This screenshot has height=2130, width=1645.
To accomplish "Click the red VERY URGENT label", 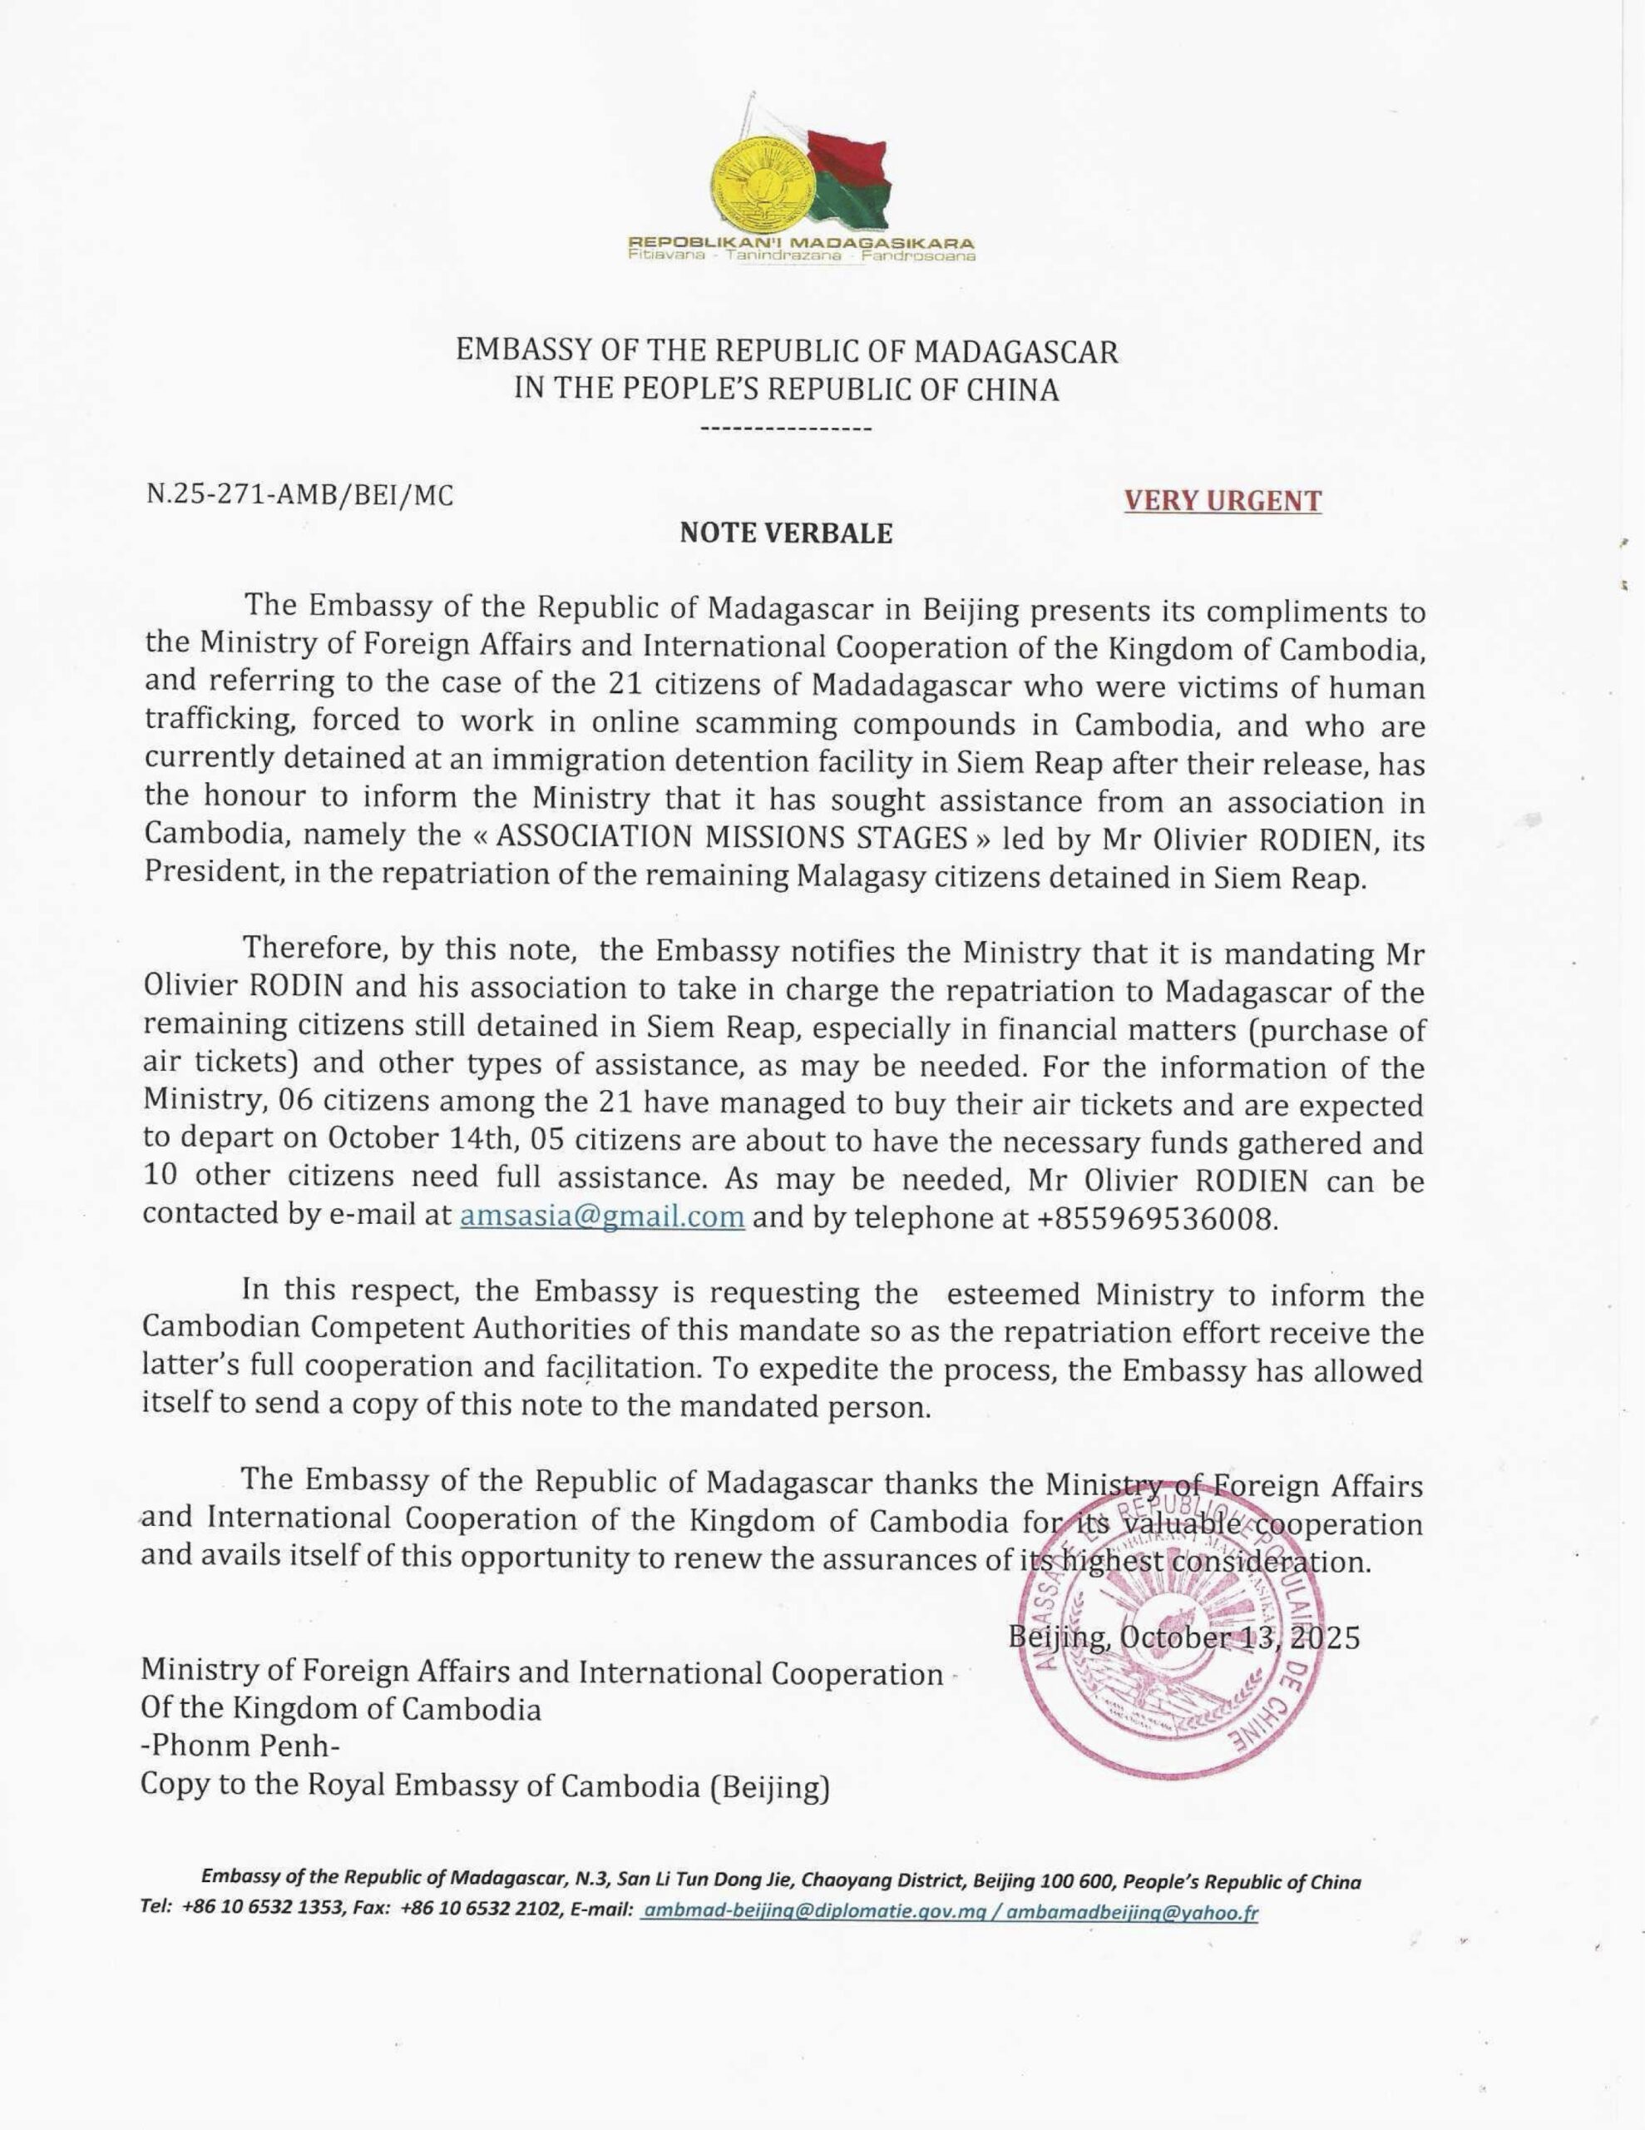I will click(x=1223, y=500).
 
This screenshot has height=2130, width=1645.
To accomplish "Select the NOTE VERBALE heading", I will click(x=786, y=533).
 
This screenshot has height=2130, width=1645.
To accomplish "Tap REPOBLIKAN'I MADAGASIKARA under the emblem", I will click(x=801, y=242).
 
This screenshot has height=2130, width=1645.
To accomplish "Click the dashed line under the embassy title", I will click(x=786, y=429).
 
